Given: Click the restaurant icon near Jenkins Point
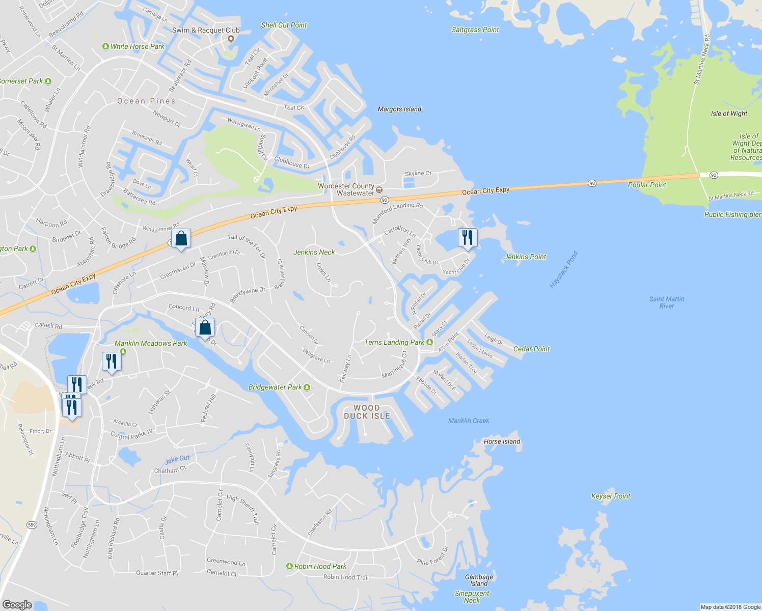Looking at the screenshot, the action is click(x=467, y=238).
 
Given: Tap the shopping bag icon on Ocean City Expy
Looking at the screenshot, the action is click(x=181, y=238).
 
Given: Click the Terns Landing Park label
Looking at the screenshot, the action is click(x=394, y=342).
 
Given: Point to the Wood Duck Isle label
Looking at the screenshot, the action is click(x=367, y=412).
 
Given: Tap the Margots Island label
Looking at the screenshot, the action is click(x=399, y=109).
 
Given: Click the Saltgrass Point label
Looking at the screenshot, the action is click(x=475, y=30).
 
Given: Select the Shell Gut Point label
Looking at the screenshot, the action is click(x=284, y=25).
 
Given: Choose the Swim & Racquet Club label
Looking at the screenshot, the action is click(x=206, y=30).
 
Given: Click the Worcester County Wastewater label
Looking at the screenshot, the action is click(x=346, y=189).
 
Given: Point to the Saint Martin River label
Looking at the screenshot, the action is click(x=667, y=302).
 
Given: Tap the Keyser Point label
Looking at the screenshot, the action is click(x=611, y=496).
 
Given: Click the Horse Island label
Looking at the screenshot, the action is click(x=502, y=441).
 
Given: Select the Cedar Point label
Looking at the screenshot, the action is click(x=531, y=349).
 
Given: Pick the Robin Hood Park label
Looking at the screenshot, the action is click(x=320, y=566).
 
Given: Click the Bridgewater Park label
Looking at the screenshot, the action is click(x=275, y=387).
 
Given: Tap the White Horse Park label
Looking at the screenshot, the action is click(x=137, y=46).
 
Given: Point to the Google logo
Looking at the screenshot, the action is click(x=17, y=604).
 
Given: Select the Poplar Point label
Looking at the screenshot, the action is click(x=647, y=185).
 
